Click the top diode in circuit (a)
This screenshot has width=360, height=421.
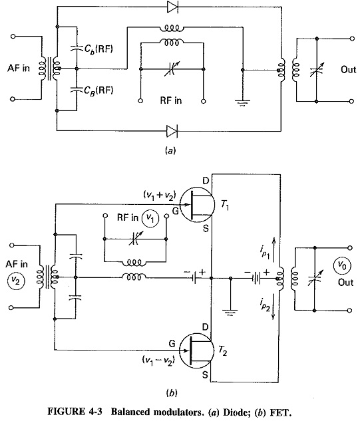[x=172, y=7]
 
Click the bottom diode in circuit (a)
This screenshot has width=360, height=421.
[x=172, y=131]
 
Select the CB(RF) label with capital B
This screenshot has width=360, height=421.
[x=98, y=90]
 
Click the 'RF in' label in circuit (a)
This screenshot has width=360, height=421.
[x=171, y=100]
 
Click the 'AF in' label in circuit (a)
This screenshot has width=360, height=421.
[x=19, y=69]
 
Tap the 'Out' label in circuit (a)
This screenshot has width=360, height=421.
[x=349, y=70]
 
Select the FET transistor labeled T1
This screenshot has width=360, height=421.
[x=197, y=205]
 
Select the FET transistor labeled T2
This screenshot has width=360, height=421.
[x=196, y=351]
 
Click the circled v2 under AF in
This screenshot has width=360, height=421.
[x=16, y=281]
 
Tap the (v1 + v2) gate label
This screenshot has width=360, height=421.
[x=160, y=195]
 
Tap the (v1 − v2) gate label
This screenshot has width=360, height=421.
[x=158, y=360]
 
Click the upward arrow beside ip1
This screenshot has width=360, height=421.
[x=273, y=249]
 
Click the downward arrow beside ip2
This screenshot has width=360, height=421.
[x=273, y=307]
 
